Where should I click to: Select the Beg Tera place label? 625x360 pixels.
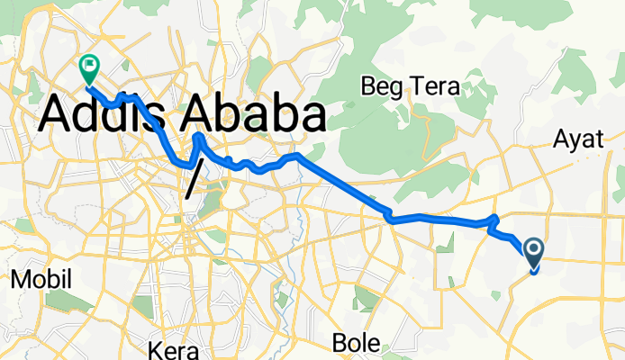(410, 87)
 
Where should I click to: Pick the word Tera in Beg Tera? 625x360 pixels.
(434, 87)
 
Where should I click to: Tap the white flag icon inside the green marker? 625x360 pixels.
(89, 64)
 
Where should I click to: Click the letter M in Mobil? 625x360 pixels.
(17, 279)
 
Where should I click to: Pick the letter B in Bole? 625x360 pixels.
(340, 342)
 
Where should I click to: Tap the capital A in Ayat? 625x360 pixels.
(560, 139)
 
